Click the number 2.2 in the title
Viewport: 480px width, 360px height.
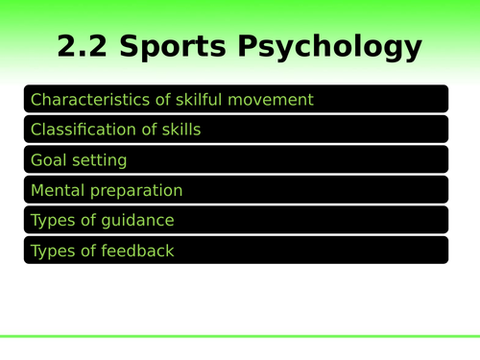pos(87,47)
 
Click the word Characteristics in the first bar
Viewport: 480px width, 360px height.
pos(84,99)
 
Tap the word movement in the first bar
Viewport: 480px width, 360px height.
pos(270,99)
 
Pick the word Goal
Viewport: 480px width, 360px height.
pos(49,160)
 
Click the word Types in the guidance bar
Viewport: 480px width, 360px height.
pos(52,221)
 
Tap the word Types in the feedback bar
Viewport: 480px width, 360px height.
pos(52,252)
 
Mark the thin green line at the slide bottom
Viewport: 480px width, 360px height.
pos(240,336)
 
